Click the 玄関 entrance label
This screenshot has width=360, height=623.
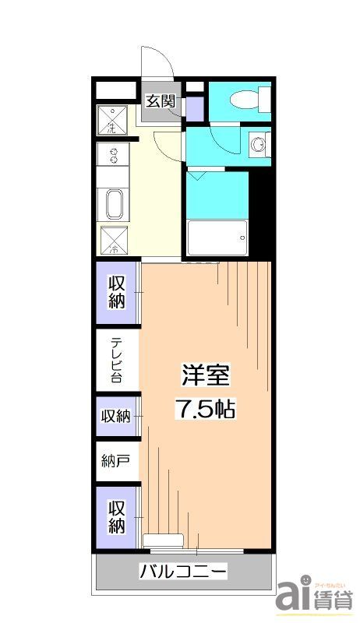click(x=162, y=100)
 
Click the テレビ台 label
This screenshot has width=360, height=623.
click(x=117, y=360)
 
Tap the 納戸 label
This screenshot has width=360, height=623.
click(x=115, y=461)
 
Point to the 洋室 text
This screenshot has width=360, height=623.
click(x=206, y=375)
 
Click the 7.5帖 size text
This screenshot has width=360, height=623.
click(x=206, y=409)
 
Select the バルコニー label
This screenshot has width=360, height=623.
click(x=184, y=572)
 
